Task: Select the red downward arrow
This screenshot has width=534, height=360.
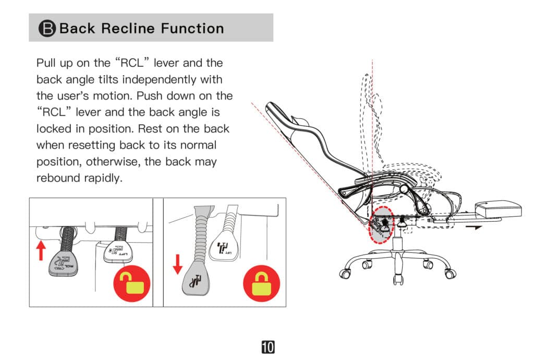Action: pos(177,264)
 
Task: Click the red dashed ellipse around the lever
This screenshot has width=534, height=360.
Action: pos(382,224)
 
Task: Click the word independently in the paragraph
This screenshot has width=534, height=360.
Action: pos(177,80)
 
